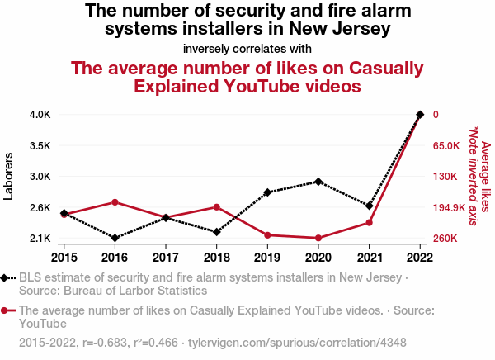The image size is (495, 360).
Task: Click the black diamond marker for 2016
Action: point(115,238)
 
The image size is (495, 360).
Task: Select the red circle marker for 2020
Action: point(318,238)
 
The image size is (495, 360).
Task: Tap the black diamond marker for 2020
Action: point(318,181)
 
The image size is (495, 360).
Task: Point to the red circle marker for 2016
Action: point(115,202)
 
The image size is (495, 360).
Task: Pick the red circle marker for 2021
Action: point(370,222)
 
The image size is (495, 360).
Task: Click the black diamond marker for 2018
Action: point(216,232)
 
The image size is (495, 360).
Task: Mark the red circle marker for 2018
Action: point(216,207)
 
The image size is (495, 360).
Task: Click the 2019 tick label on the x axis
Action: point(267,256)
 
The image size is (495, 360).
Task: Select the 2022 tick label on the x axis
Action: point(421,256)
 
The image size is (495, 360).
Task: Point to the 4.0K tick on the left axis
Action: point(40,114)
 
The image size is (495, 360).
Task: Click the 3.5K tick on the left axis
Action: point(40,145)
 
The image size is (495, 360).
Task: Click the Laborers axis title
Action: point(9,176)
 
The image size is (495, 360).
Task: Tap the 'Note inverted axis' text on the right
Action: point(473,176)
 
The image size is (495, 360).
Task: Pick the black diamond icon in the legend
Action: point(7,277)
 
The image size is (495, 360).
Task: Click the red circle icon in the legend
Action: point(7,311)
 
